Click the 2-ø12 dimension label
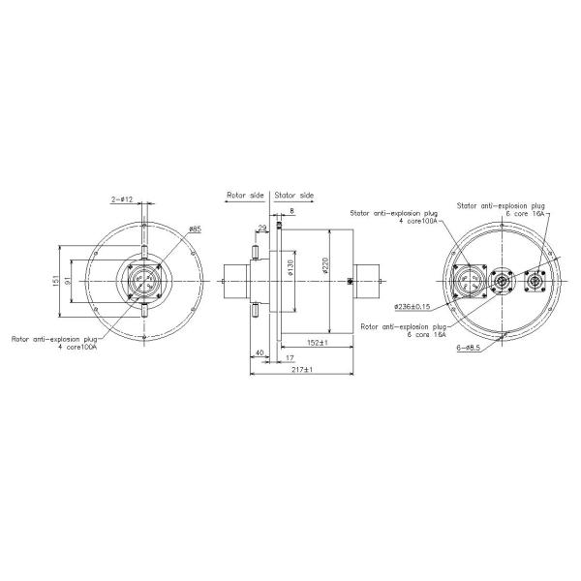tap(123, 199)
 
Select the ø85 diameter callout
tap(195, 229)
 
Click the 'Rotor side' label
tap(245, 195)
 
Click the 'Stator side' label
tap(294, 195)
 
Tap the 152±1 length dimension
tap(314, 342)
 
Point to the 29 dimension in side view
tap(262, 229)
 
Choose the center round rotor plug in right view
tap(501, 282)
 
